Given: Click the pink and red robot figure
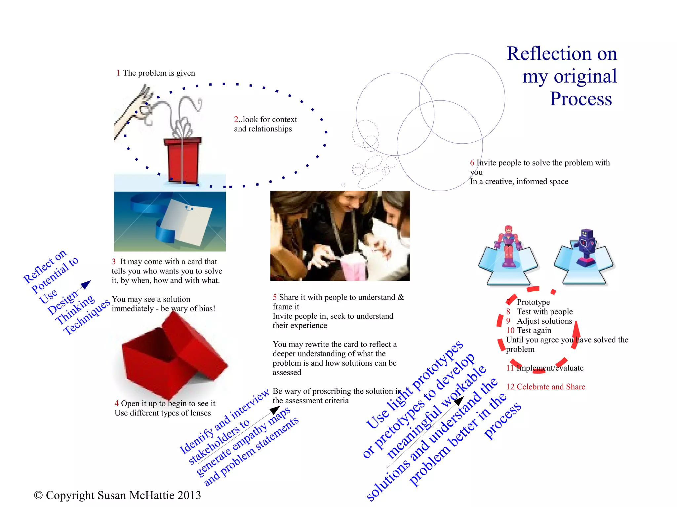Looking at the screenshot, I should pyautogui.click(x=508, y=246).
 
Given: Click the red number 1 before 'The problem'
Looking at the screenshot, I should pyautogui.click(x=118, y=73).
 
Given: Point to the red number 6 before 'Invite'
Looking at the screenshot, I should pyautogui.click(x=472, y=163).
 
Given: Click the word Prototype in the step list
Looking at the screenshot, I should pyautogui.click(x=533, y=302).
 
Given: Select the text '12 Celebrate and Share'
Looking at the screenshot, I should pyautogui.click(x=546, y=387).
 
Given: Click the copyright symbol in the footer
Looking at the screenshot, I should pyautogui.click(x=38, y=495).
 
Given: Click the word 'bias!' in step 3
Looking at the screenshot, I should pyautogui.click(x=206, y=309).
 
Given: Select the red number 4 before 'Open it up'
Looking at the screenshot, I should pyautogui.click(x=117, y=404).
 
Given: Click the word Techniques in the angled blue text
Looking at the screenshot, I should pyautogui.click(x=87, y=317).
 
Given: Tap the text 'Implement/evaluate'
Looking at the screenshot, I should pyautogui.click(x=550, y=368).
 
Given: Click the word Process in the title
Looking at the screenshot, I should pyautogui.click(x=581, y=99).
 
